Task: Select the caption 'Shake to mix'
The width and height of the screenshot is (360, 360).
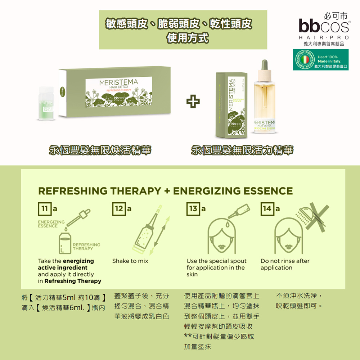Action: (130, 261)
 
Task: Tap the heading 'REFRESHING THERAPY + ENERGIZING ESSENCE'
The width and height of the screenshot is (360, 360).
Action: (165, 191)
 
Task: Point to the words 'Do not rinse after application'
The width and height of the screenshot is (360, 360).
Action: (285, 264)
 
